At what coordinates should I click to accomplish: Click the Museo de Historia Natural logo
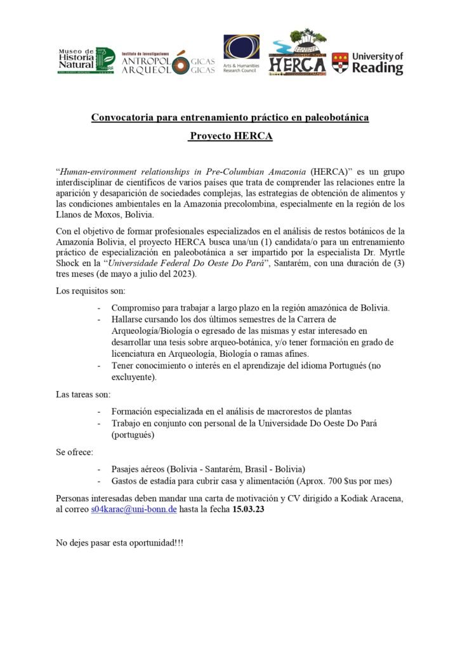[x=86, y=61]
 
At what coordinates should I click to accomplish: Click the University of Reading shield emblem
[x=340, y=62]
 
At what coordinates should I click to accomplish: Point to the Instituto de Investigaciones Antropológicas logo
[x=168, y=61]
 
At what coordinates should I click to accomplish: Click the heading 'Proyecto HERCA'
[x=230, y=136]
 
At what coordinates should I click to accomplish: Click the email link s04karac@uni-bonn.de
[x=133, y=509]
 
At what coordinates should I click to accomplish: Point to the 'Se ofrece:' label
[x=75, y=452]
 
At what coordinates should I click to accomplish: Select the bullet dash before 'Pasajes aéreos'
[x=100, y=469]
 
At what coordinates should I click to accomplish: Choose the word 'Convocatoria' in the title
[x=123, y=117]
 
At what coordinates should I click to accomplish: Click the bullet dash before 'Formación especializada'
[x=100, y=411]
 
